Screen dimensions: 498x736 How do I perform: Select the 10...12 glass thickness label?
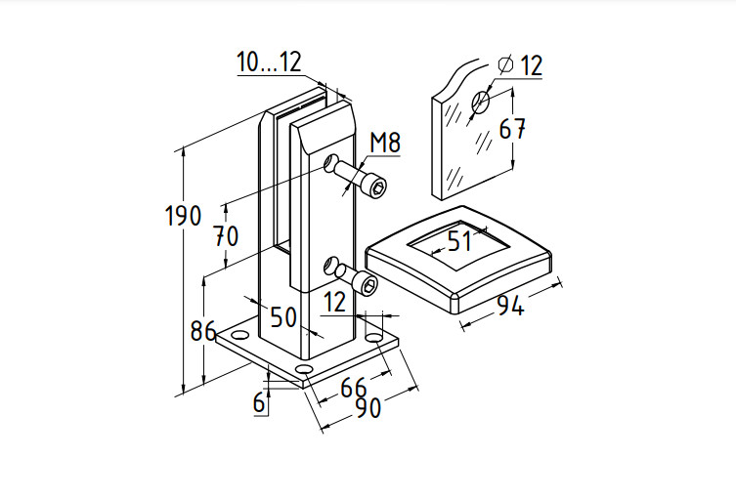point(269,62)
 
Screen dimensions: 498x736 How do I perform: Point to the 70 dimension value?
point(227,236)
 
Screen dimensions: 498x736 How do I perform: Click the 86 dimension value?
point(202,330)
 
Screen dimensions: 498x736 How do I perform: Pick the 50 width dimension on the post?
point(283,316)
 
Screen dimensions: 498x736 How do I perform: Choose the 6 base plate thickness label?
point(259,401)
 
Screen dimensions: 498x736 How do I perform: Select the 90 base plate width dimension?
point(367,409)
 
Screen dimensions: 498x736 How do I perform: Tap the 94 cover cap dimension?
point(510,306)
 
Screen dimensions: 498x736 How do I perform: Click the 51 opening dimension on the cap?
point(459,240)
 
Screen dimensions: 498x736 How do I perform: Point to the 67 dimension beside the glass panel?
point(513,129)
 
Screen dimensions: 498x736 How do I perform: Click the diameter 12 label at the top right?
point(520,65)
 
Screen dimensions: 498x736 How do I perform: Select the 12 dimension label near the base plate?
point(334,302)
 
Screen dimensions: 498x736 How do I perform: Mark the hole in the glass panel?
point(481,102)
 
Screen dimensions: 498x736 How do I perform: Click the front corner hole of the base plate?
point(304,372)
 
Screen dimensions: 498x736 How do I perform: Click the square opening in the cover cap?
point(459,240)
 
